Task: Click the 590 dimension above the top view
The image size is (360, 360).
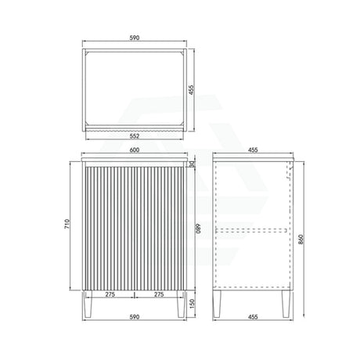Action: point(135,38)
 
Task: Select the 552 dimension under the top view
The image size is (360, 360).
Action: point(135,136)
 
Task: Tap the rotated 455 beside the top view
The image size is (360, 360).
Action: point(192,90)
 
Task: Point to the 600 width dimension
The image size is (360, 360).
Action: point(135,150)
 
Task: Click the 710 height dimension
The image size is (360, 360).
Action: point(67,224)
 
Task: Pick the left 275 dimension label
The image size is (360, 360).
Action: point(110,294)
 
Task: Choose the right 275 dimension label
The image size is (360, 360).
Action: point(159,294)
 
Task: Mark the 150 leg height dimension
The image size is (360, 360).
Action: point(192,304)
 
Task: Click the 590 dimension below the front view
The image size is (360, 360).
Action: point(135,317)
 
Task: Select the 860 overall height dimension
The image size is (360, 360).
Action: point(301,239)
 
